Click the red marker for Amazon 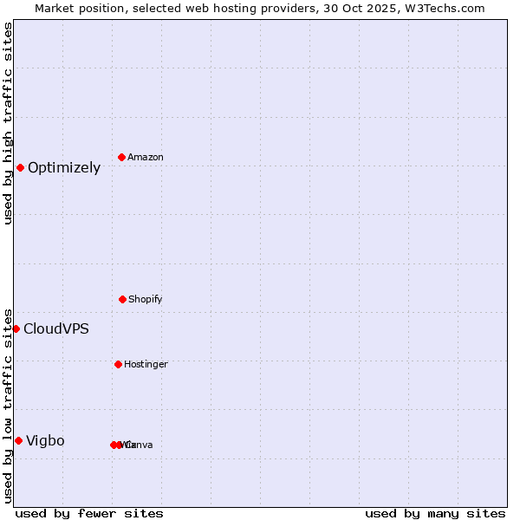tap(121, 157)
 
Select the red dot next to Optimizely tap(20, 167)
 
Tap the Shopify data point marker tap(122, 299)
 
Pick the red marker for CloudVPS tap(16, 328)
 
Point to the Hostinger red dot tap(118, 364)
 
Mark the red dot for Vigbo tap(18, 440)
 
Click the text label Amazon tap(145, 157)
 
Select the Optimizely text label tap(64, 167)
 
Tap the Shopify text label tap(145, 299)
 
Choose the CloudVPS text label tap(55, 328)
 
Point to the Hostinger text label tap(146, 364)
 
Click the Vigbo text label tap(45, 440)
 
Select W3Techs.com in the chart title tap(444, 8)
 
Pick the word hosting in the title tap(235, 8)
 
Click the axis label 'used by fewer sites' tap(89, 513)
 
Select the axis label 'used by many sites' tap(435, 513)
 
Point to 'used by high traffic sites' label tap(8, 123)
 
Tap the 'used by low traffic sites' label tap(8, 406)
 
